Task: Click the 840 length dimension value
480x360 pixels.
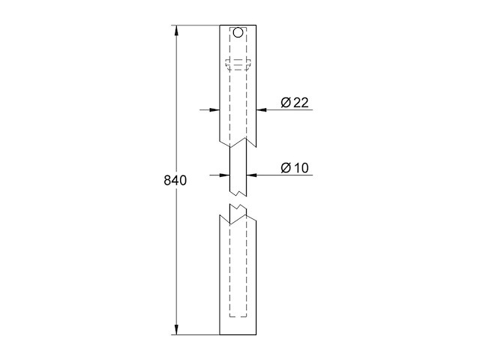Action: point(175,181)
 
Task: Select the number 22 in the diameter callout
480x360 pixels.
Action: point(301,103)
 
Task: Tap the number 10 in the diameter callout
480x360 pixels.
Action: point(301,168)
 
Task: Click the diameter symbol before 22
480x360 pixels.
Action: point(286,103)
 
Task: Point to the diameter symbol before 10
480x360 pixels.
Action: point(286,168)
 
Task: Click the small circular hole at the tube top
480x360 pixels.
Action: point(238,33)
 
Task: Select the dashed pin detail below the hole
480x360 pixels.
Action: point(238,64)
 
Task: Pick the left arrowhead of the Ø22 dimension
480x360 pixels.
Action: point(214,110)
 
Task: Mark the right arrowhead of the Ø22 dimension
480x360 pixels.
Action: point(261,110)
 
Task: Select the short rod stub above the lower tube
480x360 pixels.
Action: point(238,210)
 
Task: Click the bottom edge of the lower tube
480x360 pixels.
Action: point(238,334)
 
